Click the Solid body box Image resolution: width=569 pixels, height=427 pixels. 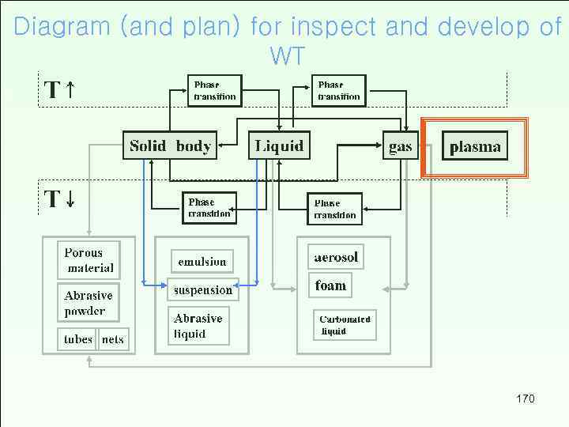coord(170,145)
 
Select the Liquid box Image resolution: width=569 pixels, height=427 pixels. coord(280,145)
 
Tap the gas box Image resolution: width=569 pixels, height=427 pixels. coord(401,146)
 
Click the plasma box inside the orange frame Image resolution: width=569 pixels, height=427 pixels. coord(475,146)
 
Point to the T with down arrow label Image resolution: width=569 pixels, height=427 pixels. coord(59,198)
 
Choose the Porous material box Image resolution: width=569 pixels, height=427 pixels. coord(89,260)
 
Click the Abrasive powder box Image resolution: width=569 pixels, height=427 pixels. coord(89,303)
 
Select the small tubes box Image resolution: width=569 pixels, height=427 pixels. coord(78,339)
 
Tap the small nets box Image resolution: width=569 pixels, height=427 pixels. coord(113,339)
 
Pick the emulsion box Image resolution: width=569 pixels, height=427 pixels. coord(202,262)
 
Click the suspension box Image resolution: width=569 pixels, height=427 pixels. coord(203,289)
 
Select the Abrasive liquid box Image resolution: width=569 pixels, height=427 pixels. coord(198,326)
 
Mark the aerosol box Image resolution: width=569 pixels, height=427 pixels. coord(336,257)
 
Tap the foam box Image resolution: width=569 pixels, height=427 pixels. coord(330,285)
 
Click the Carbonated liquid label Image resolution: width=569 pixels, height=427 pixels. coord(345,325)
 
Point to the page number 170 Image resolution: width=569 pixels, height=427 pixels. coord(525,399)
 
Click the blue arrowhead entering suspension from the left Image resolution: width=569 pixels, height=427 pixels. coord(163,282)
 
